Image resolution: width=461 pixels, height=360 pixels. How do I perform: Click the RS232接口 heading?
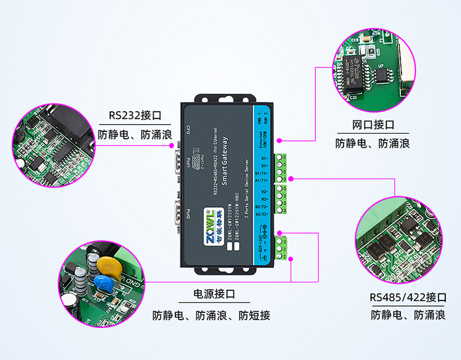135,116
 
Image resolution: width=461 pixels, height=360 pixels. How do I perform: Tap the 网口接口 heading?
373,125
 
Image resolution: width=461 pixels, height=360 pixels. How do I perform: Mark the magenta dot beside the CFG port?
171,144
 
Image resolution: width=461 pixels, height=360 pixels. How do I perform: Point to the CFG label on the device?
188,127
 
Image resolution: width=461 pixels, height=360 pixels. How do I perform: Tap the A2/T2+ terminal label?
263,214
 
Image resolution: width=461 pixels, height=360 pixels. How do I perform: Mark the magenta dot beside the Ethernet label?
279,140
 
